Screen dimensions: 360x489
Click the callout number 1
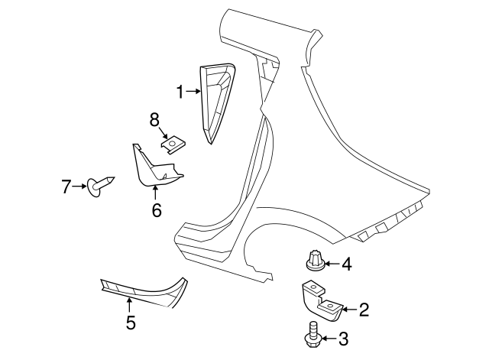(x=181, y=92)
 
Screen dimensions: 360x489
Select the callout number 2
(x=364, y=310)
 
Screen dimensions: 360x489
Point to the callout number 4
(x=346, y=264)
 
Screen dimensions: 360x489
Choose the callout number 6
(x=156, y=209)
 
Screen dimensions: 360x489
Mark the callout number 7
(x=66, y=185)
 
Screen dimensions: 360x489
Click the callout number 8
(x=154, y=119)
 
